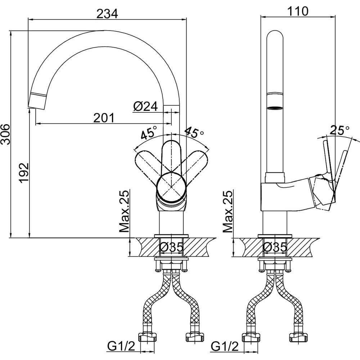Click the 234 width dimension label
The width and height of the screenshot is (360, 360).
click(x=107, y=14)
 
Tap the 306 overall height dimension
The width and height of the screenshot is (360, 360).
click(x=5, y=134)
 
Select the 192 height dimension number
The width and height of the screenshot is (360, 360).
click(x=24, y=172)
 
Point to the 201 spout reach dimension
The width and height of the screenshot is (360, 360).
click(x=104, y=118)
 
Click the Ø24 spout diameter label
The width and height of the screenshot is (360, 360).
click(x=145, y=106)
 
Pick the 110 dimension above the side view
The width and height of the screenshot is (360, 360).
click(x=298, y=11)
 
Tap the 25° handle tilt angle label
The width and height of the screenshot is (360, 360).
click(x=339, y=131)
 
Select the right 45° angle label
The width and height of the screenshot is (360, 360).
click(x=194, y=132)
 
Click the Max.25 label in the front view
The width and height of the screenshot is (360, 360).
click(x=124, y=211)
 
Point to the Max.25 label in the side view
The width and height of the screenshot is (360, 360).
click(x=228, y=211)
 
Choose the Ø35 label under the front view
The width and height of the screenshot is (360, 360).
click(x=171, y=247)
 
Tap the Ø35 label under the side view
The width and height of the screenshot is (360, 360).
click(x=275, y=247)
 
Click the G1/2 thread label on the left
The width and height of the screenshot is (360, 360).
click(x=121, y=346)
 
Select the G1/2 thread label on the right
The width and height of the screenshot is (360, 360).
click(x=225, y=346)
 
